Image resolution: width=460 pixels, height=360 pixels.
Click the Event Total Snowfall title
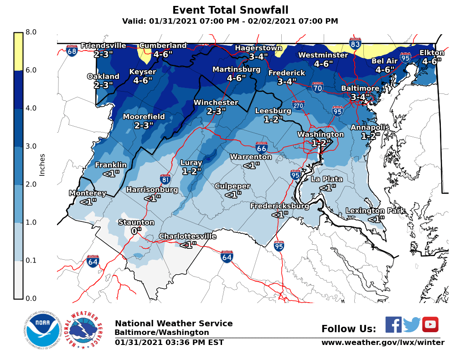(x=230, y=10)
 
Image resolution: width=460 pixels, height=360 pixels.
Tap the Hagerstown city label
(x=258, y=48)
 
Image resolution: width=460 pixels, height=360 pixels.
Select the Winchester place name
(x=216, y=103)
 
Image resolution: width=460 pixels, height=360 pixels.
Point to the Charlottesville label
(x=187, y=236)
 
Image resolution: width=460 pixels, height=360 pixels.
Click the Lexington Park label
(x=371, y=211)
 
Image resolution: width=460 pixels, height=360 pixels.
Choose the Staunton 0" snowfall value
(x=135, y=231)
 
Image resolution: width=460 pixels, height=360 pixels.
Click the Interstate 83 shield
(x=355, y=44)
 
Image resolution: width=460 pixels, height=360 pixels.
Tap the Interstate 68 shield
(x=72, y=50)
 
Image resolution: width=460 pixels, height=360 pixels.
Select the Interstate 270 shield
(x=298, y=106)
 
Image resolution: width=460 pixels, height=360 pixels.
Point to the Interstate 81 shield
(x=166, y=179)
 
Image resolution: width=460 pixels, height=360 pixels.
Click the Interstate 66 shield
(x=261, y=147)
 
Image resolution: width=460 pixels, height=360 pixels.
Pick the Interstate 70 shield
(x=318, y=87)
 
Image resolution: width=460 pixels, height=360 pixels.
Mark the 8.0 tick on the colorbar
(x=31, y=32)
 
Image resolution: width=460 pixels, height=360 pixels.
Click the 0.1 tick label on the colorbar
(x=31, y=261)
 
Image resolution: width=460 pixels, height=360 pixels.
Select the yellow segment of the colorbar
(x=18, y=51)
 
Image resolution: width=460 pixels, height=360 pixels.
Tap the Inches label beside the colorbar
(x=42, y=165)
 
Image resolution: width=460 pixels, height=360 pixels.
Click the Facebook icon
(x=393, y=324)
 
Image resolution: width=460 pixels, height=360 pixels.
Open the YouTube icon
(x=430, y=324)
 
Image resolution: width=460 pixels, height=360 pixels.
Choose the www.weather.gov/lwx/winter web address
(x=382, y=342)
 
